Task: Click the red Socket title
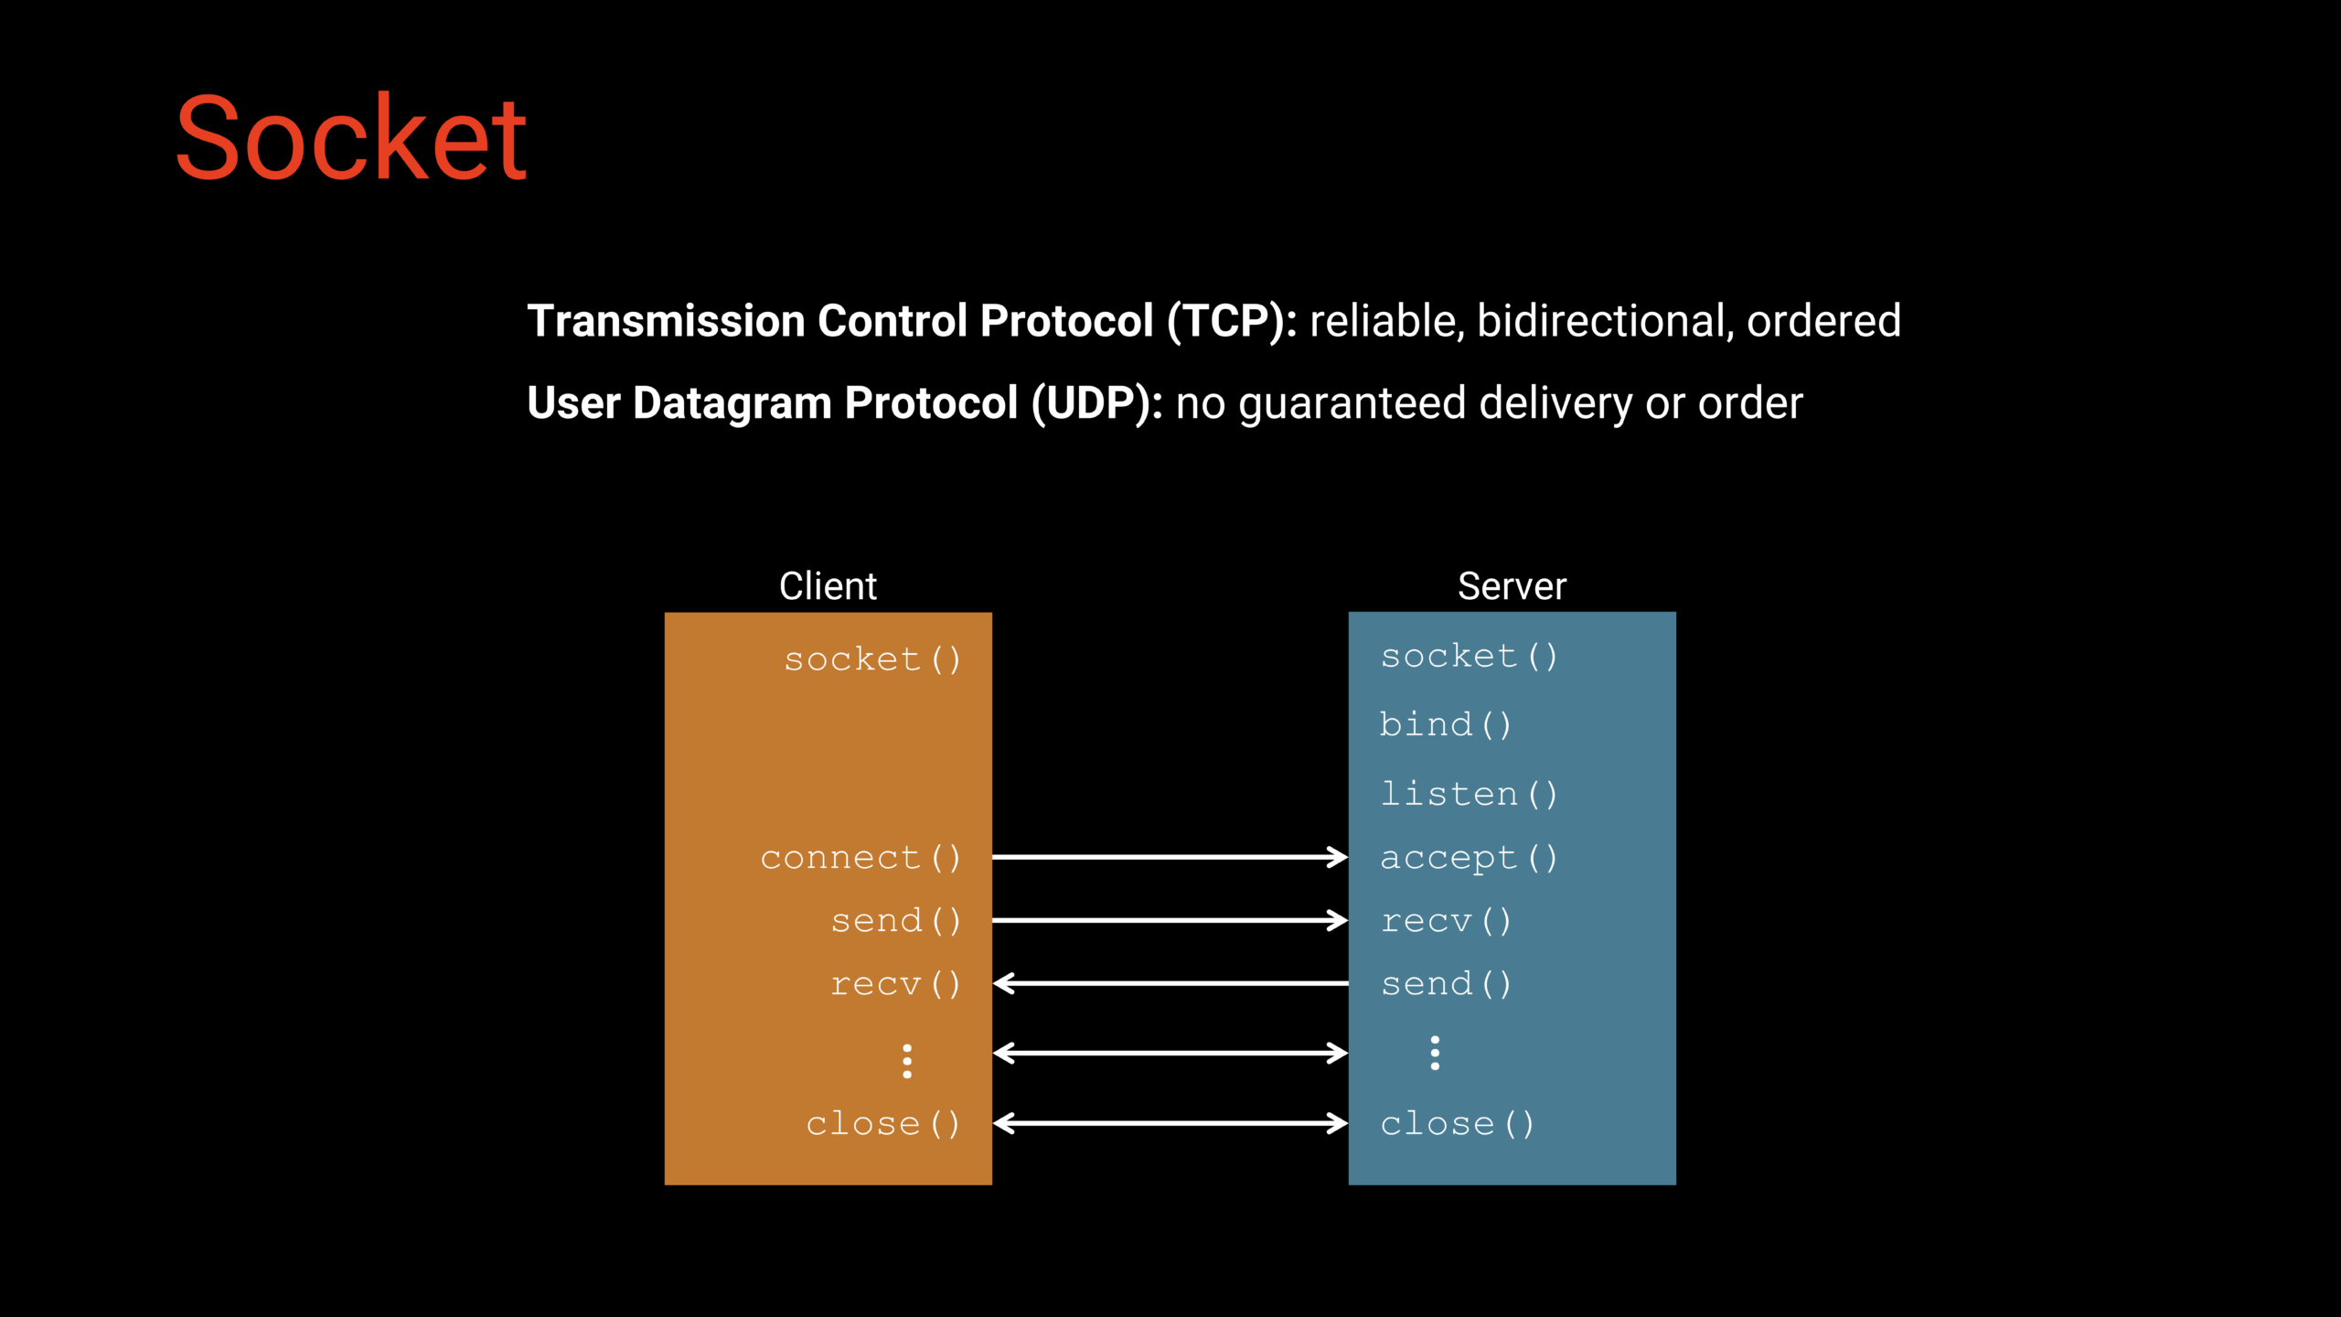click(351, 139)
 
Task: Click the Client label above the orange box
click(828, 586)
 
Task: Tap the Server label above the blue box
click(1512, 586)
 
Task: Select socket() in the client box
click(872, 659)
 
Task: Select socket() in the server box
click(1469, 657)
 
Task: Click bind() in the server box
click(1445, 725)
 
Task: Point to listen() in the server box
click(1469, 794)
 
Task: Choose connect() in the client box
click(861, 858)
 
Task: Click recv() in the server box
click(1445, 921)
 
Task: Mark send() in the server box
click(1445, 984)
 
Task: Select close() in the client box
click(883, 1124)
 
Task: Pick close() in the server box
click(1457, 1124)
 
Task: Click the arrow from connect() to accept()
click(1170, 857)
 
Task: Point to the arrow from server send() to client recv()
click(1170, 983)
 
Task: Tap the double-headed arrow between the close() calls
click(1170, 1123)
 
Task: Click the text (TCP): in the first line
click(1232, 321)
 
